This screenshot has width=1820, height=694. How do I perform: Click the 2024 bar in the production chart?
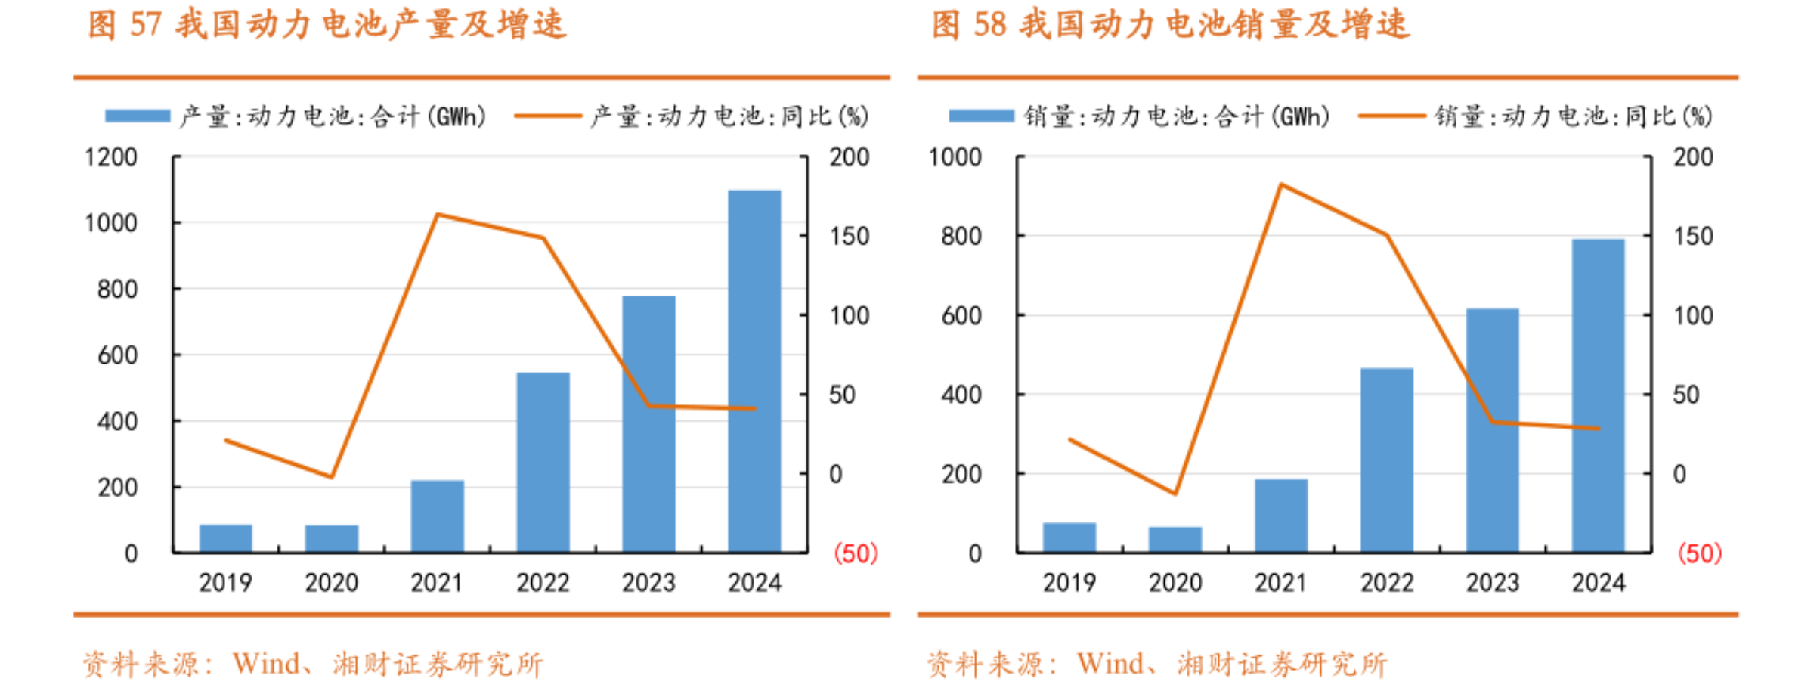(754, 370)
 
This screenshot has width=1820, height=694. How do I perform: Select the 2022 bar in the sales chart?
(1386, 460)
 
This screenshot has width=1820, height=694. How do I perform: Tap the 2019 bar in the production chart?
(225, 538)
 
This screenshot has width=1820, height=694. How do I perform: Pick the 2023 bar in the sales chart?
(1492, 429)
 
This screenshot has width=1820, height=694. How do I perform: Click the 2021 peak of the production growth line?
(438, 215)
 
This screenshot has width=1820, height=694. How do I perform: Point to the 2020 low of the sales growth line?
(1175, 494)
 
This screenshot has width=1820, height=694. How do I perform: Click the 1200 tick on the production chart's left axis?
(111, 157)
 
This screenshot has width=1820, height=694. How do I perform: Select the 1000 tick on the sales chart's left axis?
(955, 157)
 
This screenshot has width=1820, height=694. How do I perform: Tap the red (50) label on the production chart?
(856, 553)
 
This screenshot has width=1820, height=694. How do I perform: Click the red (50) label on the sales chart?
(1699, 553)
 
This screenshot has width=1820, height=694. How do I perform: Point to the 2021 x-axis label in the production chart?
(437, 583)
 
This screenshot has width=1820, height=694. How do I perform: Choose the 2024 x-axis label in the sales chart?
(1598, 583)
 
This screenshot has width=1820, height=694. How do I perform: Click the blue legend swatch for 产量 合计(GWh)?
(138, 116)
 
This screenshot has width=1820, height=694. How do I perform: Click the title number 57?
(146, 24)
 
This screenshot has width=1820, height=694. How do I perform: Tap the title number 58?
(989, 24)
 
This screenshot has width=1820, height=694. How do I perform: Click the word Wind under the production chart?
(266, 664)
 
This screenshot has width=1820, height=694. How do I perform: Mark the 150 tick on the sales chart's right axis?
(1693, 237)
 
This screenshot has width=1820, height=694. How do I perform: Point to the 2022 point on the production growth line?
(543, 238)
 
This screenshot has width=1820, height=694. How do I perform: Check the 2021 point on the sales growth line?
(1281, 184)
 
